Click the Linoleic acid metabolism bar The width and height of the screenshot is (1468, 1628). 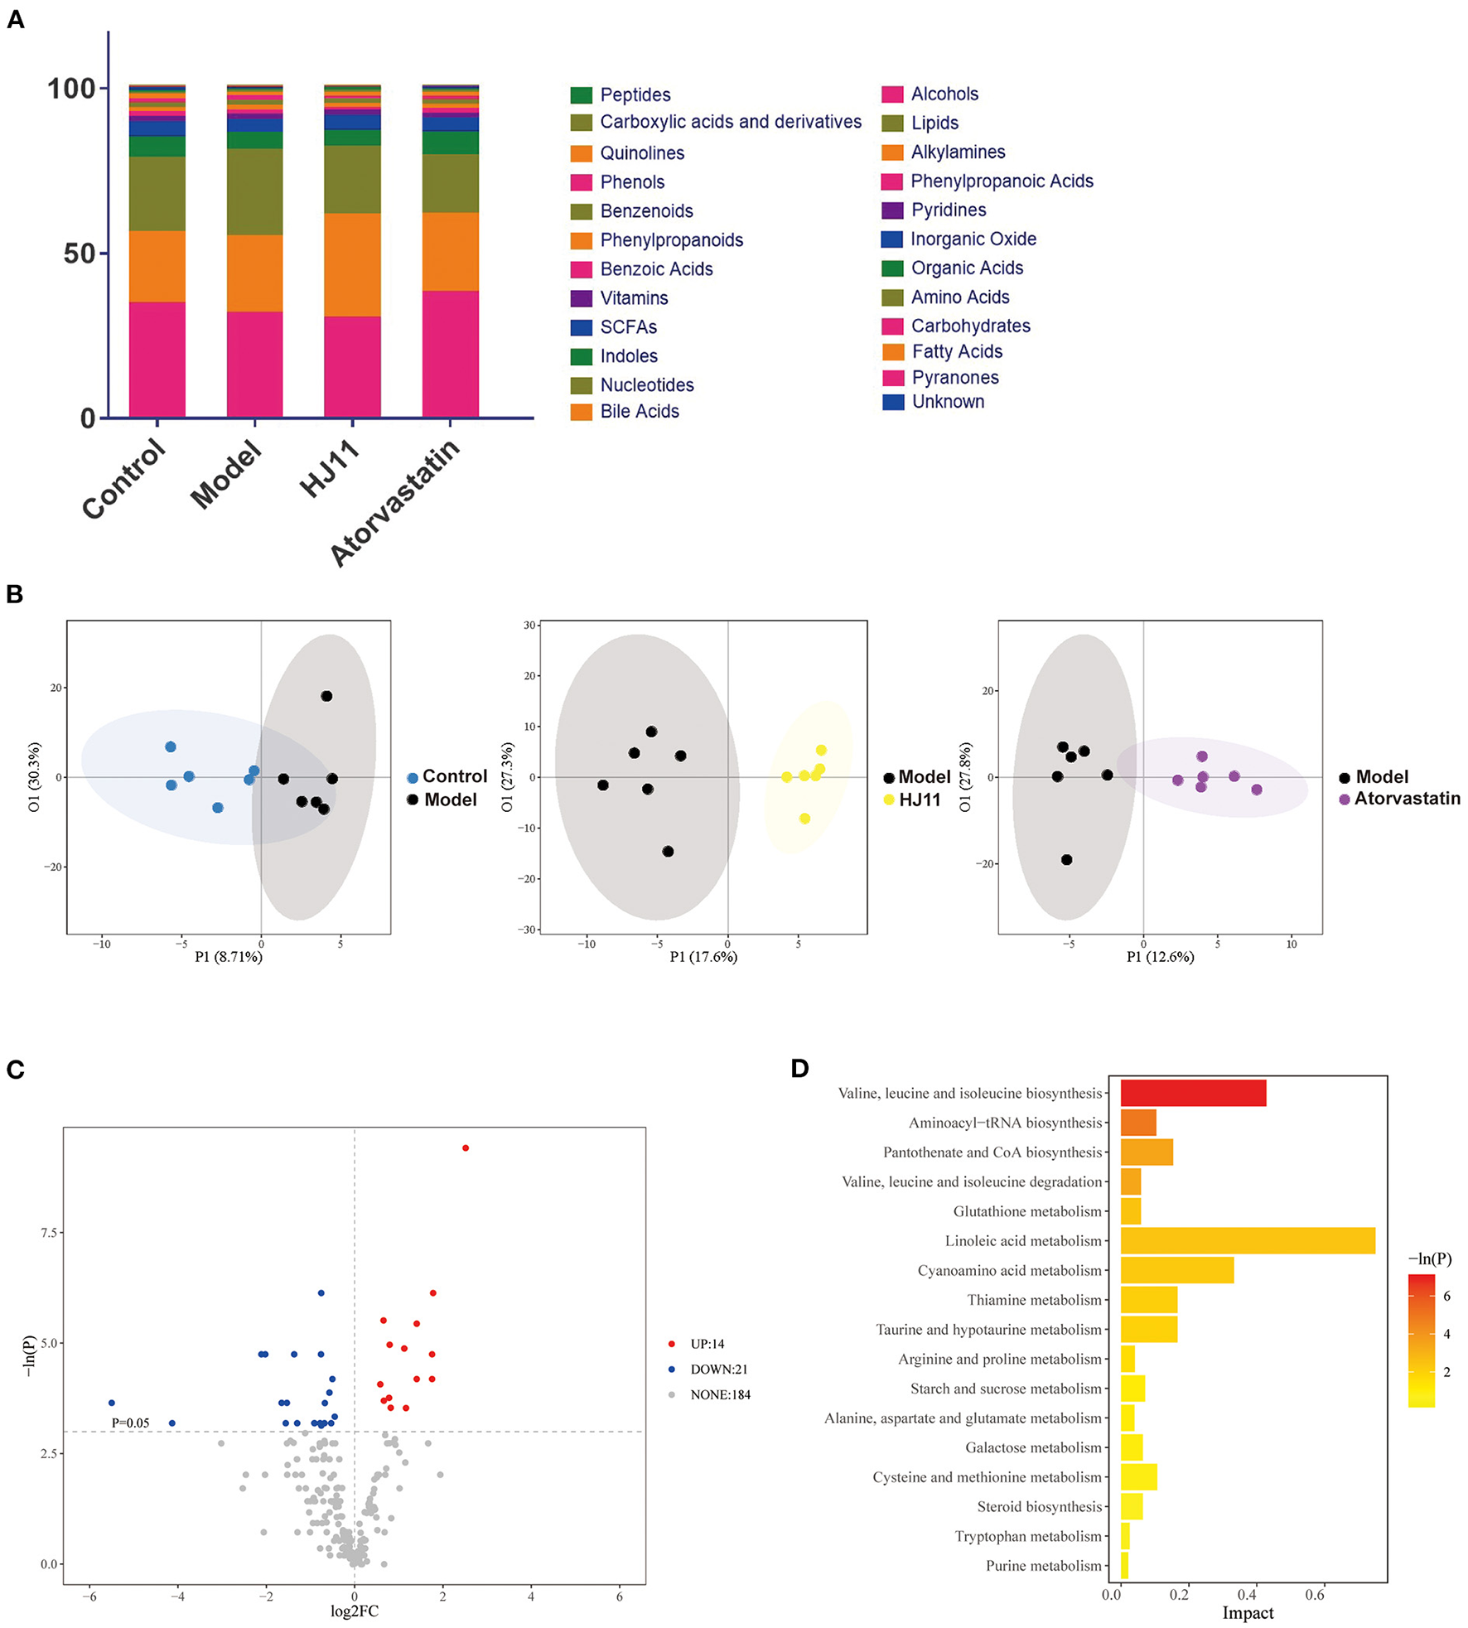click(x=1247, y=1240)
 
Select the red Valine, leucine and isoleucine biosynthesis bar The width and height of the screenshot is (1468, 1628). click(x=1192, y=1093)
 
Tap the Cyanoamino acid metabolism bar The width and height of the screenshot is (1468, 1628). click(x=1176, y=1270)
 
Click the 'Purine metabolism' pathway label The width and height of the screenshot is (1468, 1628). click(x=1043, y=1565)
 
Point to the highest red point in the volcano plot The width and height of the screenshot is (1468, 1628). click(x=466, y=1147)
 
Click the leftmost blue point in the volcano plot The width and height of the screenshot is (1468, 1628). click(x=112, y=1403)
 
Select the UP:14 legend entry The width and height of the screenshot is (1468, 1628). click(x=707, y=1343)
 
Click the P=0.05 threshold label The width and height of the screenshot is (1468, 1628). click(x=130, y=1423)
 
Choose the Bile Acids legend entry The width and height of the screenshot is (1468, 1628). click(x=639, y=412)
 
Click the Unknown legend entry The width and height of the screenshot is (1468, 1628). click(x=948, y=402)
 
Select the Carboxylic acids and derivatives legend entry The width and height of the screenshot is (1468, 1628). click(x=730, y=123)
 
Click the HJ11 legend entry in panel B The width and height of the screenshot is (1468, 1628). click(x=919, y=800)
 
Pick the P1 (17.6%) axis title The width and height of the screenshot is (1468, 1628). click(x=703, y=957)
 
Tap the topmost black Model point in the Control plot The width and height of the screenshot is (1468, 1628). click(x=326, y=696)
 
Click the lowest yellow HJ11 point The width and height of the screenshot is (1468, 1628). click(x=804, y=819)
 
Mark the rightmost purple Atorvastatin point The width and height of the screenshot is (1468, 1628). click(x=1257, y=790)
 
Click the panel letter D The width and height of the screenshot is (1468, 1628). click(x=799, y=1069)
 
